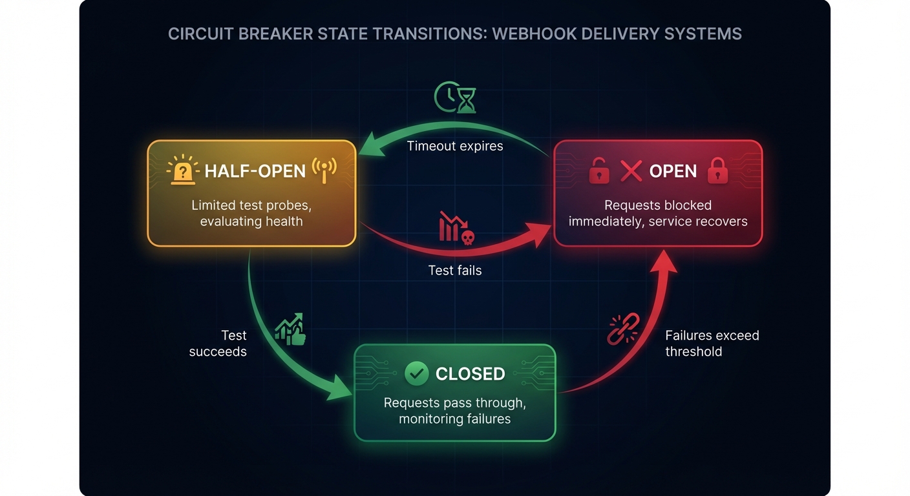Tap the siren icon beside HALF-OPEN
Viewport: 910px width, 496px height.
(x=184, y=170)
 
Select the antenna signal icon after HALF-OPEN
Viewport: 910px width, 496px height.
(x=324, y=170)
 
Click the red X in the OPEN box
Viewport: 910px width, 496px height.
(x=631, y=170)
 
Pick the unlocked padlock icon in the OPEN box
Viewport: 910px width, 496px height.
(x=599, y=171)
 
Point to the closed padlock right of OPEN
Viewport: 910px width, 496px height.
(x=717, y=170)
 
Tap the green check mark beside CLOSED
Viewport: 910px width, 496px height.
(x=416, y=373)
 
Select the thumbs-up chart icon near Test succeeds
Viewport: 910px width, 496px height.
(x=290, y=329)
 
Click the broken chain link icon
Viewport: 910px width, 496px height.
(x=623, y=328)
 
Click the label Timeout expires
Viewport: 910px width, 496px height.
(x=455, y=146)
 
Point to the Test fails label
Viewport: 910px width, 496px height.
(x=455, y=270)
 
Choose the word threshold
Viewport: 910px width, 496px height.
(x=693, y=352)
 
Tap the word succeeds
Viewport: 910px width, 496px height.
(x=218, y=352)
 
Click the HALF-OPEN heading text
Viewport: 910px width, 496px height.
(x=255, y=171)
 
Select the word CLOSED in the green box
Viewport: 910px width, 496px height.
(x=470, y=374)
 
